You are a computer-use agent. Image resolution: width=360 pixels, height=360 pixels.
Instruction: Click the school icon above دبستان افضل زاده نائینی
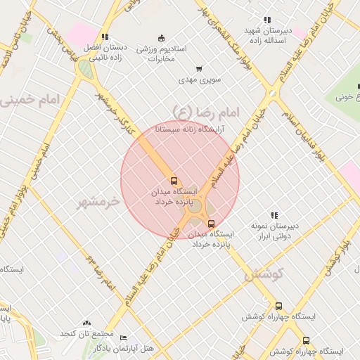click(105, 37)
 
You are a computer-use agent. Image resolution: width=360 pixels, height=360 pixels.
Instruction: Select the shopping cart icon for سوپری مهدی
click(200, 69)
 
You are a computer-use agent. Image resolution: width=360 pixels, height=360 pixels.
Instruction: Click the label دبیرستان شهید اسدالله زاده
click(267, 36)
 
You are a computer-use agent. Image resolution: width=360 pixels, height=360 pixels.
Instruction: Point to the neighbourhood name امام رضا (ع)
click(206, 111)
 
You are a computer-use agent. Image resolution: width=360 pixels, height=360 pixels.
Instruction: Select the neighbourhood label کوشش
click(263, 274)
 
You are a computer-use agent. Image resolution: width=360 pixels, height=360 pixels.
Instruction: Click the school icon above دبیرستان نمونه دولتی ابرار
click(274, 215)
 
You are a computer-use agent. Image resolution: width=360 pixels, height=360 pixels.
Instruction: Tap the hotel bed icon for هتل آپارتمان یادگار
click(124, 338)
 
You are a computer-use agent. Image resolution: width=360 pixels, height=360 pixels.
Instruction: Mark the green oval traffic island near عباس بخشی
click(85, 69)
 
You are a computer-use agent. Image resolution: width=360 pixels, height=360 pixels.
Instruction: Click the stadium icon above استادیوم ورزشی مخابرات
click(162, 38)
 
